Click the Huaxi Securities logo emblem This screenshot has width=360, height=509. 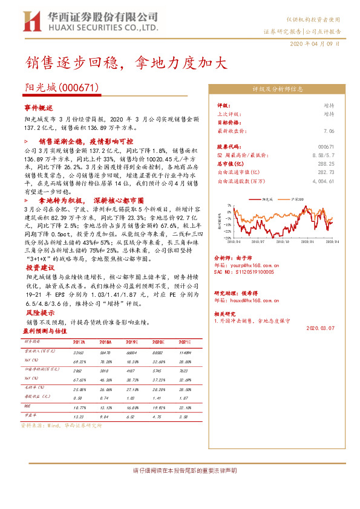(x=28, y=22)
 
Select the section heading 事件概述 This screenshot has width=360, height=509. (x=38, y=106)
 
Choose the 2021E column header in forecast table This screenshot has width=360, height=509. (x=186, y=342)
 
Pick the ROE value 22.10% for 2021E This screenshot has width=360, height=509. (x=185, y=407)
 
